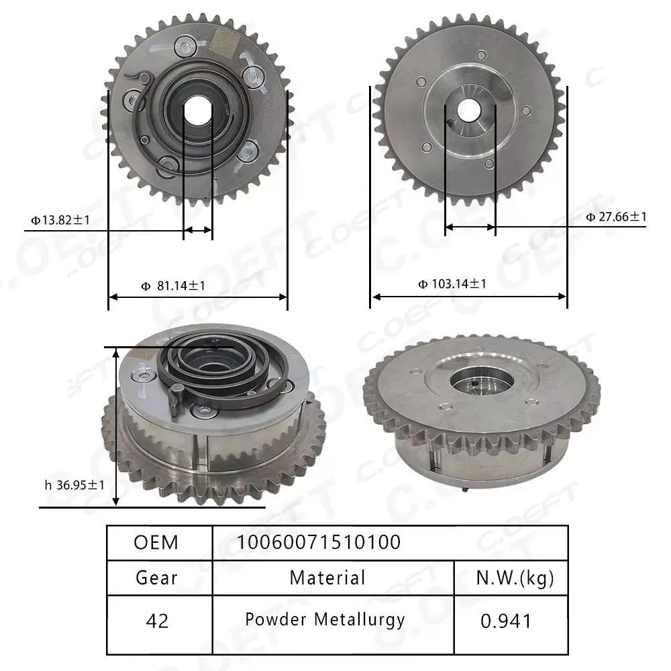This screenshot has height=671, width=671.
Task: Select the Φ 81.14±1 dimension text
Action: tap(173, 286)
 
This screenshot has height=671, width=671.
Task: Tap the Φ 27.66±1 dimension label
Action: tap(615, 216)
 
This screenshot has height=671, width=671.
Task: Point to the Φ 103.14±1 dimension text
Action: tap(452, 284)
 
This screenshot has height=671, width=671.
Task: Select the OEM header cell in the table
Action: tap(156, 542)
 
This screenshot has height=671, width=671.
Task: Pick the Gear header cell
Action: tap(156, 577)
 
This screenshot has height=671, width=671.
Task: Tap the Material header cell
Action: tap(327, 577)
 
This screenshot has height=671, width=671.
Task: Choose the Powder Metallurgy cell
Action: tap(325, 619)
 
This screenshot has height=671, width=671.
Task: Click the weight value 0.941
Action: tap(506, 621)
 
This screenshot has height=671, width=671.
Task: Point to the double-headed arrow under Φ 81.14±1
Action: tap(198, 297)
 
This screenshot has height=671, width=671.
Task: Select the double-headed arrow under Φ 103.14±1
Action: tap(469, 296)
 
